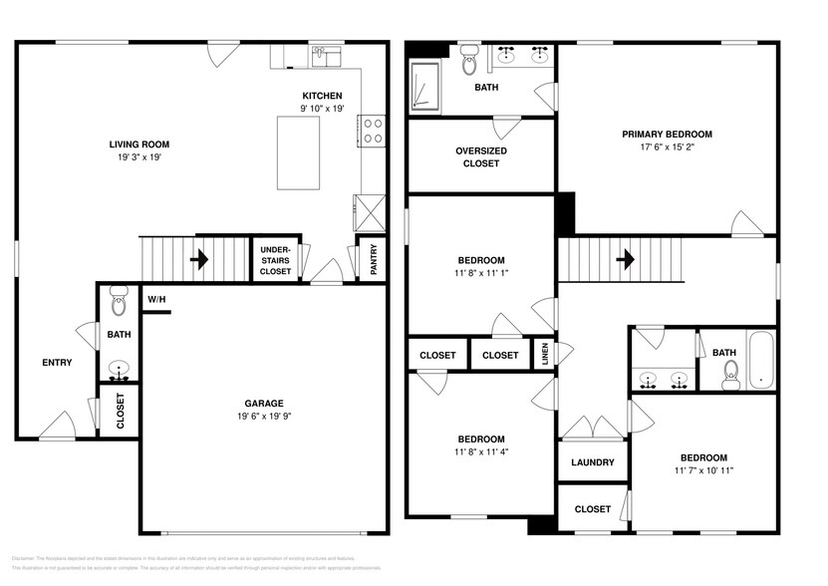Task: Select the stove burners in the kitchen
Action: click(x=373, y=131)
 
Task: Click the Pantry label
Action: click(x=374, y=262)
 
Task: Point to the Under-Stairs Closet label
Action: click(x=275, y=260)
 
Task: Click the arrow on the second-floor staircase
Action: click(x=625, y=260)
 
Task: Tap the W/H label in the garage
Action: click(x=156, y=299)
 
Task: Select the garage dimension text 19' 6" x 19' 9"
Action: click(x=264, y=417)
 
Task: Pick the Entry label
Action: click(x=57, y=362)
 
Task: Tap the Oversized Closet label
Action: click(x=481, y=156)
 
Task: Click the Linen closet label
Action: click(x=544, y=355)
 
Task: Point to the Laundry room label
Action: click(x=592, y=462)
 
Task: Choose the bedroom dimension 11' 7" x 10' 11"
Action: click(x=703, y=470)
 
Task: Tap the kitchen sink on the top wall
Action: click(x=326, y=55)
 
